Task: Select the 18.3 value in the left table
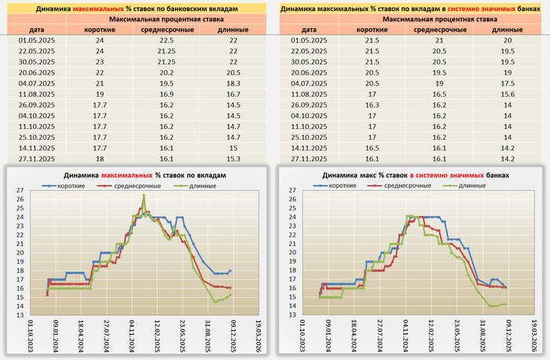[232, 82]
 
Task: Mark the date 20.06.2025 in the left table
[34, 72]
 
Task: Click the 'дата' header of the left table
[34, 28]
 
